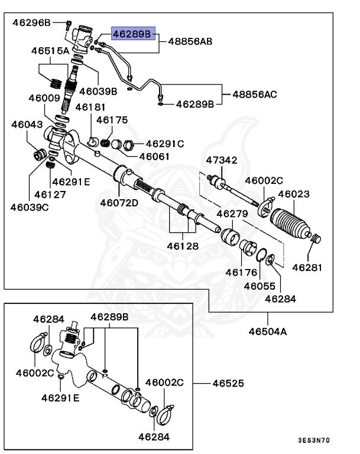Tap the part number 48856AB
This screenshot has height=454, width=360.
click(190, 41)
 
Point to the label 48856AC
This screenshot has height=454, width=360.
click(254, 93)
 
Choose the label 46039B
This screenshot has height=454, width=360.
click(98, 91)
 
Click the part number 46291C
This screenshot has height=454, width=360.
click(165, 144)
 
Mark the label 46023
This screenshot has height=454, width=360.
click(294, 193)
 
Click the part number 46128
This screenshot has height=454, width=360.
click(182, 245)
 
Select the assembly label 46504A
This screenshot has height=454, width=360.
click(267, 332)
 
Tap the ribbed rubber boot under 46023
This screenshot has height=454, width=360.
click(290, 226)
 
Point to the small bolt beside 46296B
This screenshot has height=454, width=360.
click(69, 25)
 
